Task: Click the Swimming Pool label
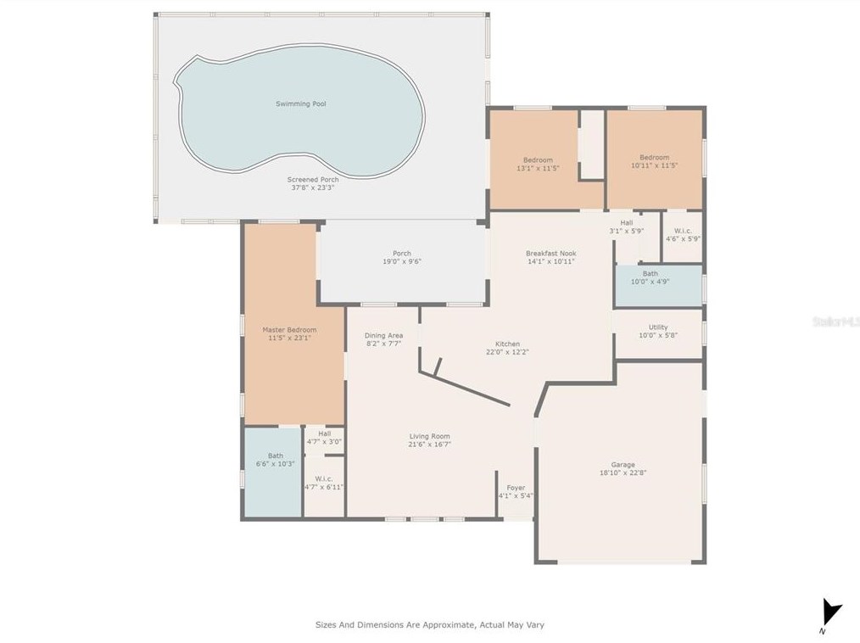[x=300, y=103]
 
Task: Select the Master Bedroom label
[x=289, y=330]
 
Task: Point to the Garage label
[x=623, y=465]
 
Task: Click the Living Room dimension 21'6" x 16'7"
[x=429, y=444]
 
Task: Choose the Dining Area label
[x=383, y=336]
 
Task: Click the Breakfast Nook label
[x=550, y=254]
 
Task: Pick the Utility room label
[x=658, y=327]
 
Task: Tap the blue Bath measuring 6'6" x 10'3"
[x=276, y=459]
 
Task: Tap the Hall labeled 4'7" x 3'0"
[x=324, y=437]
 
